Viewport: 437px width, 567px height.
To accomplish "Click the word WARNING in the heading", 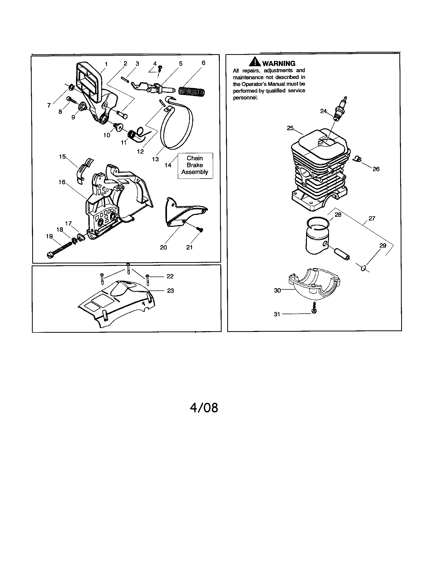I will (x=279, y=63).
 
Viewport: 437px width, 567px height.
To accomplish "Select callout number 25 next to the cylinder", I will (x=290, y=128).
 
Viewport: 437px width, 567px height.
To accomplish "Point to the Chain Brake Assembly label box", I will (x=195, y=165).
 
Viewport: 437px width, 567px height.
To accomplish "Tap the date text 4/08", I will (x=204, y=408).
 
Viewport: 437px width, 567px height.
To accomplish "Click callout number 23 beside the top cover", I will (x=170, y=290).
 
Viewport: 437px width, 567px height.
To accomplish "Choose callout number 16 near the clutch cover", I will (x=62, y=182).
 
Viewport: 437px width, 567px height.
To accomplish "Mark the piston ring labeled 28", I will (x=318, y=224).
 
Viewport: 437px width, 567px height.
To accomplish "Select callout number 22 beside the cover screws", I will (x=170, y=276).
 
